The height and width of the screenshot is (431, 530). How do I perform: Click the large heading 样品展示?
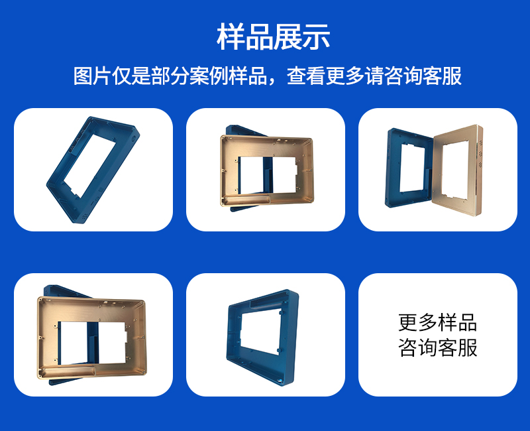pyautogui.click(x=273, y=36)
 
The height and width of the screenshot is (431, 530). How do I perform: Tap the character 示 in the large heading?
pyautogui.click(x=317, y=36)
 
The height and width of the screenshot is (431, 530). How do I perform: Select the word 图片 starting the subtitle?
pyautogui.click(x=91, y=76)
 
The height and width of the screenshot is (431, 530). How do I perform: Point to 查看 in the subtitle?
pyautogui.click(x=305, y=76)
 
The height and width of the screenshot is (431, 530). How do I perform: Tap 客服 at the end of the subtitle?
pyautogui.click(x=442, y=76)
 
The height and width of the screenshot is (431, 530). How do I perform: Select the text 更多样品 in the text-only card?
pyautogui.click(x=437, y=323)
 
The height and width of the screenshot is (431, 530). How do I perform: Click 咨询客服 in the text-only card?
pyautogui.click(x=437, y=347)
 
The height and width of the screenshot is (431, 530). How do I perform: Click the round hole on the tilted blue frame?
pyautogui.click(x=134, y=139)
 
